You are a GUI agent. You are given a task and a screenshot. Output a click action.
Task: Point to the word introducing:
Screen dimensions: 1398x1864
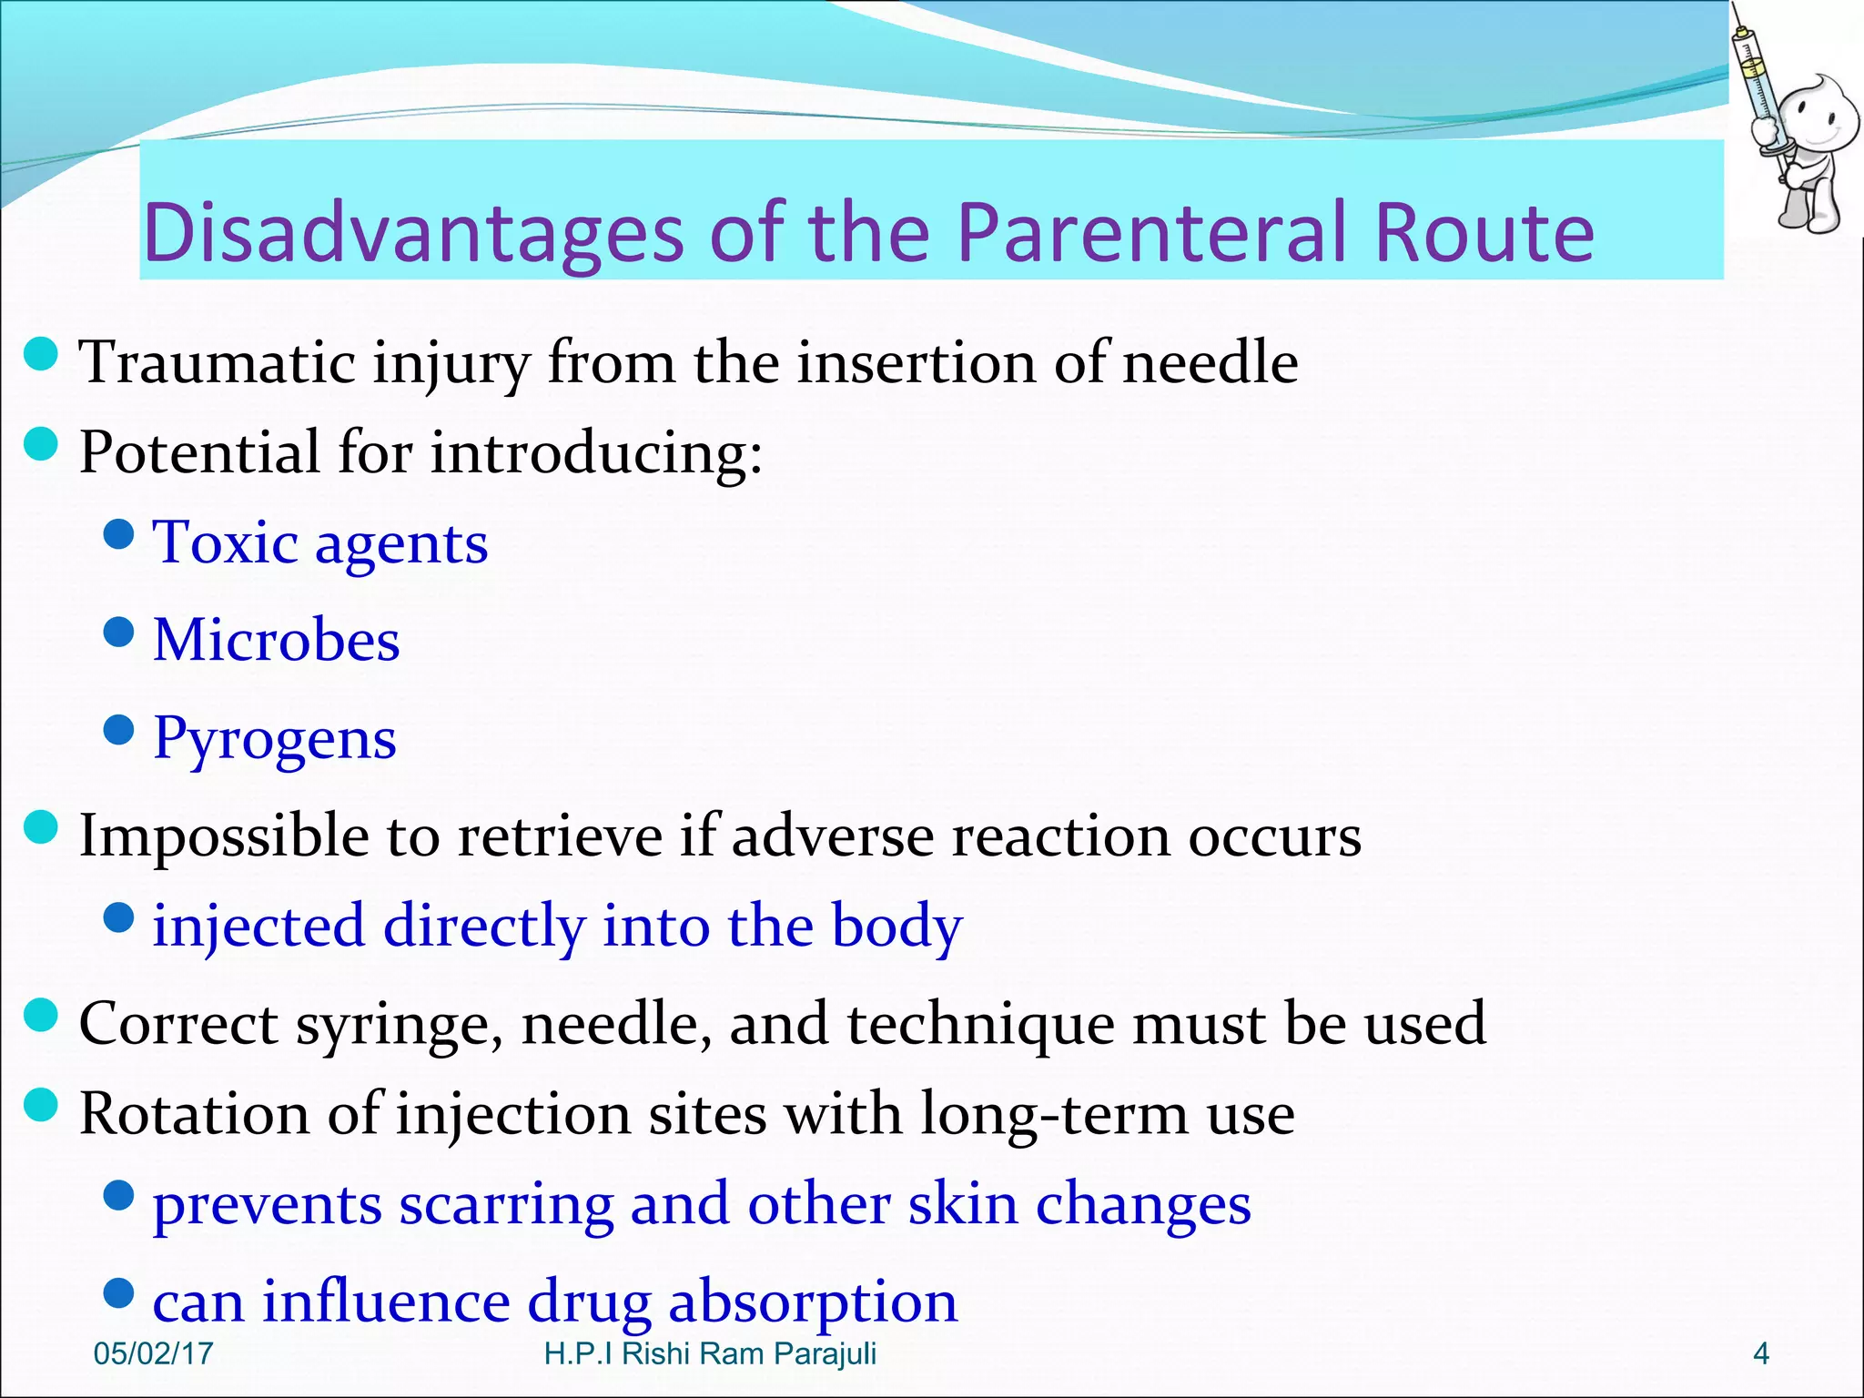[596, 452]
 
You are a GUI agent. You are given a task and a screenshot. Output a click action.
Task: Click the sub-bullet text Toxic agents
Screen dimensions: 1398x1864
[320, 543]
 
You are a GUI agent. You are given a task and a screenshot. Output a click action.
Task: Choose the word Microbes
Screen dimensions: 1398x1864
[277, 640]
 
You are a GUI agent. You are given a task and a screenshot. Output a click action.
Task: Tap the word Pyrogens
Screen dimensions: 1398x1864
[275, 738]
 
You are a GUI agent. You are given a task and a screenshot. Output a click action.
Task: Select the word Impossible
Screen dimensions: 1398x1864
[224, 836]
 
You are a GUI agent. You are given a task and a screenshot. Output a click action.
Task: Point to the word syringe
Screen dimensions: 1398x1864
[400, 1025]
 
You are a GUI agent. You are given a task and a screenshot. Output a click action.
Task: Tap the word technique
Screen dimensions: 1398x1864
[980, 1025]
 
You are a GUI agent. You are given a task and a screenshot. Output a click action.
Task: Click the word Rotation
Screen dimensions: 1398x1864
[194, 1114]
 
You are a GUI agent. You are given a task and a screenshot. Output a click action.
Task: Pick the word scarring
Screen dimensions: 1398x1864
[506, 1205]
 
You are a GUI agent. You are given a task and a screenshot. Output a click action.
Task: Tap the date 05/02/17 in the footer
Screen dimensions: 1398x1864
[153, 1354]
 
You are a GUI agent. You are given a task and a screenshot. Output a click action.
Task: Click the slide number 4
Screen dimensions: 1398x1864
[1760, 1354]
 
